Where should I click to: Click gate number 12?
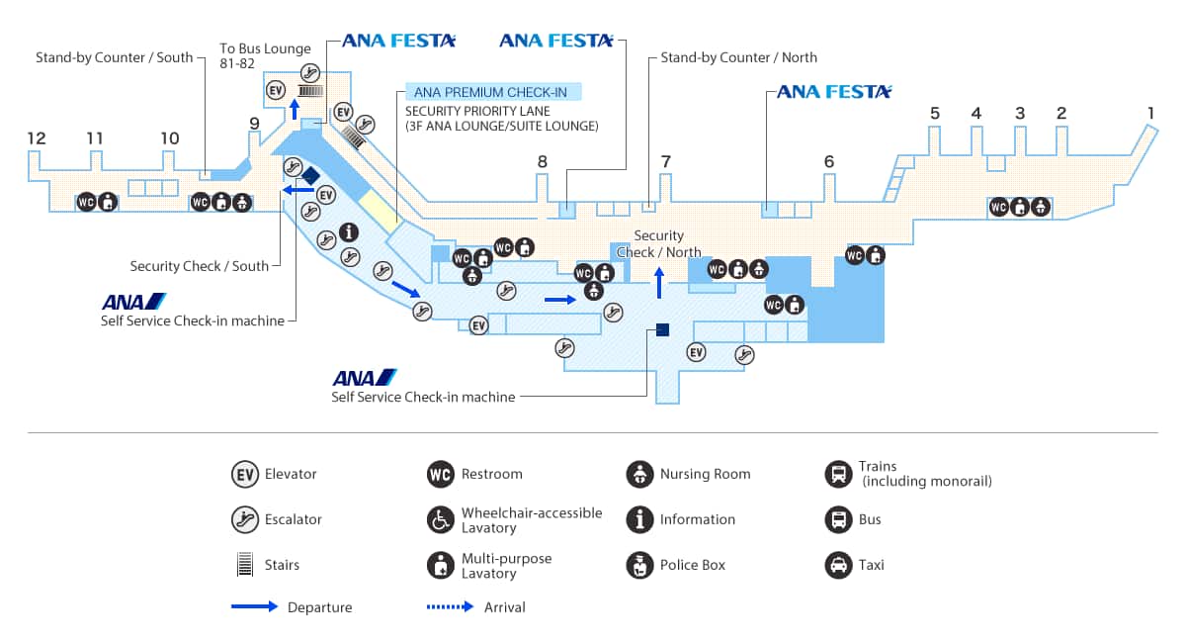37,138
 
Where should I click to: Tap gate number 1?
1150,112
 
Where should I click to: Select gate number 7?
666,161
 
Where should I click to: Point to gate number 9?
254,124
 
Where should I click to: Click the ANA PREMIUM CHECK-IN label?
490,93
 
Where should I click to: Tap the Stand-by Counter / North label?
738,57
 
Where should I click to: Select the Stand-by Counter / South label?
115,57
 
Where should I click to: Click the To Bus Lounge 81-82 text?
264,55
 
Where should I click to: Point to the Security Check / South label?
200,266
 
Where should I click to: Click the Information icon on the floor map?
349,232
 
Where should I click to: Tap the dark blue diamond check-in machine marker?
310,176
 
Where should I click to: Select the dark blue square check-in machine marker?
662,329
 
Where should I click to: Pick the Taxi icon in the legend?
838,565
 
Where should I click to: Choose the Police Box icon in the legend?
639,565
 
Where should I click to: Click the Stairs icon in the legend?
244,565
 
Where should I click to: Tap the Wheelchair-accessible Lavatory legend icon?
440,519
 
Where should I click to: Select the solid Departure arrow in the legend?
254,606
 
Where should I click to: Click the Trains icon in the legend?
838,474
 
